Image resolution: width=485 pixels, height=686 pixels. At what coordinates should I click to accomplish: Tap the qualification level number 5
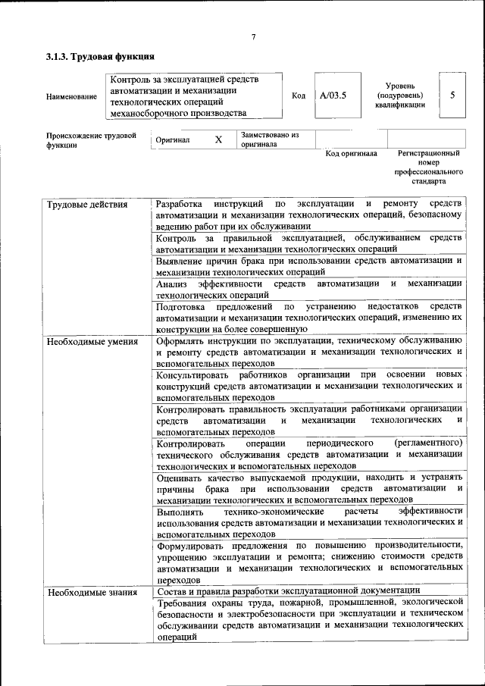coord(452,96)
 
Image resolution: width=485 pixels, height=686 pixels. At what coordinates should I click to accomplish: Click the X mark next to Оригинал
coord(218,140)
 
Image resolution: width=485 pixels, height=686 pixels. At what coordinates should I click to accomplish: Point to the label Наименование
coord(71,97)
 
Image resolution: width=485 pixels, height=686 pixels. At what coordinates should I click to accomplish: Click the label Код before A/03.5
coord(299,96)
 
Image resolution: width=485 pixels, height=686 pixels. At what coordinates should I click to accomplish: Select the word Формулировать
coord(194,545)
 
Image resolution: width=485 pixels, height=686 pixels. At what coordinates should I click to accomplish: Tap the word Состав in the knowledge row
coord(172,591)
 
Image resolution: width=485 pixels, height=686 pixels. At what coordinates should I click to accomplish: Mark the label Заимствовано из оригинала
coord(269,139)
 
